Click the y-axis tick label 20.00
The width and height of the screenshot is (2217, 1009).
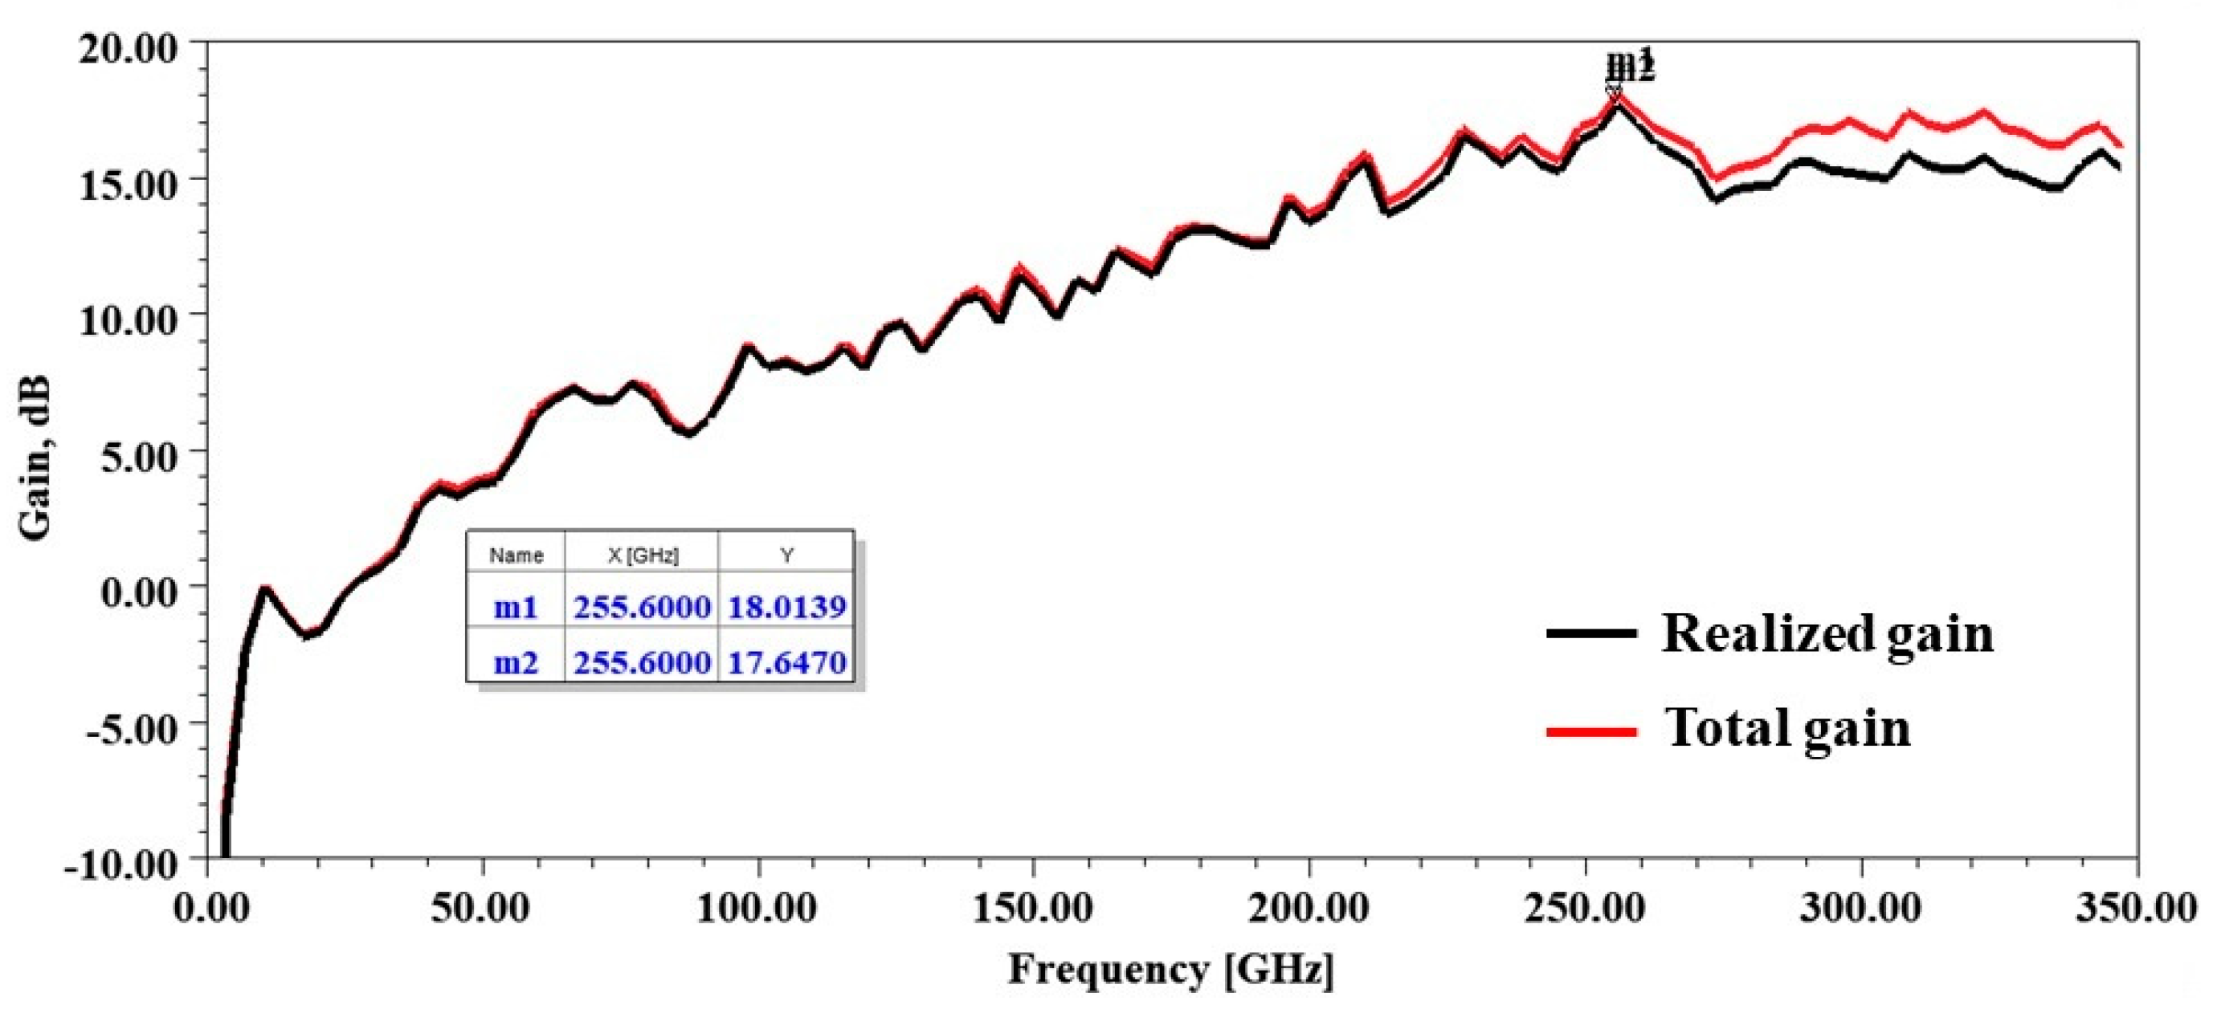[128, 48]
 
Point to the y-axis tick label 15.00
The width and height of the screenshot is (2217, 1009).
[128, 184]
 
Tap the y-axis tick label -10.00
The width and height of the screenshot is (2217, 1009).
[120, 864]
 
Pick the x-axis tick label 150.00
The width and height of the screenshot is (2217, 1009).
[1032, 909]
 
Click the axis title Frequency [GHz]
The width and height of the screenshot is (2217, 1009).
[1171, 970]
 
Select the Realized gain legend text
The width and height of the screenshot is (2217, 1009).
[1827, 634]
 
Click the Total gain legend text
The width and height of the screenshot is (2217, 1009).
[1788, 728]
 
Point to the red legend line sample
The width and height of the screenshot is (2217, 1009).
[1590, 731]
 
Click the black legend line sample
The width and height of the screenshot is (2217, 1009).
[1590, 634]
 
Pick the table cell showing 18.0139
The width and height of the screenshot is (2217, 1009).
[786, 608]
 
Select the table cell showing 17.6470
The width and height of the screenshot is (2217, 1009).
[786, 662]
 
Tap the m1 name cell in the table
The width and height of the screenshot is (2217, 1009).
[516, 608]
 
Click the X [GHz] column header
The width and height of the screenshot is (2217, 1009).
[642, 555]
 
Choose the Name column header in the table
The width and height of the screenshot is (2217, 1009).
[516, 555]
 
